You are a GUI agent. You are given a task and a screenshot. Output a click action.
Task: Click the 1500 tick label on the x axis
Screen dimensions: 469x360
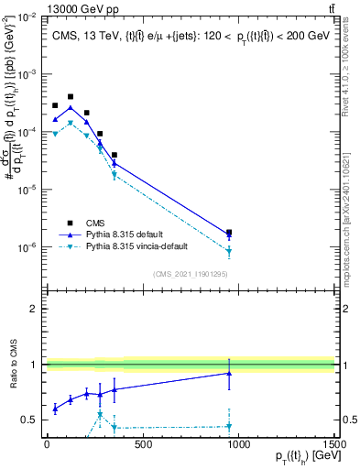point(334,444)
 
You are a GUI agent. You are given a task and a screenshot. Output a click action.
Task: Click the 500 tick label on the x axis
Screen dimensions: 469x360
point(142,444)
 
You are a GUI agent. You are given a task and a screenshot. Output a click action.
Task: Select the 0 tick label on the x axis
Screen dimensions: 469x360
point(47,444)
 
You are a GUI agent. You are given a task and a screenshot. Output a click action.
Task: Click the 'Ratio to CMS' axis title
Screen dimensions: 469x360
point(13,365)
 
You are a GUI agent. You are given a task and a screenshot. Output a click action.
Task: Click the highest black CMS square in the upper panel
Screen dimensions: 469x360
point(71,96)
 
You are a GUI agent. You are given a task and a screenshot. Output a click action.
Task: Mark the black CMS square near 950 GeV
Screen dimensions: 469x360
point(229,233)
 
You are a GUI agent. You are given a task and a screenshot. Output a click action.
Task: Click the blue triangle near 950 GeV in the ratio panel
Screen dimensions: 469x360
point(229,373)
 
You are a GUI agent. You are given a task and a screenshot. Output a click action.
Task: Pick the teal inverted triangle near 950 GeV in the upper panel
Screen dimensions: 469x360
point(229,251)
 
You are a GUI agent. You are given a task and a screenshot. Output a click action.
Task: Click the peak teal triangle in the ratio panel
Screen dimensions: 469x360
point(100,414)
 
